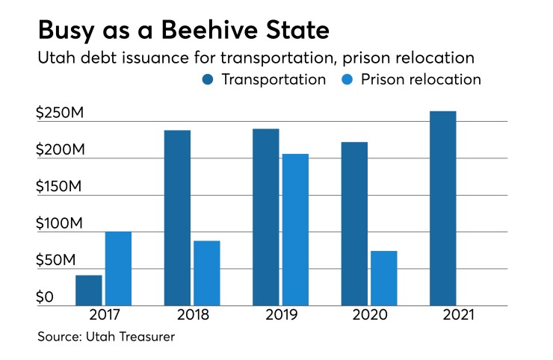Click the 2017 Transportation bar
coord(89,291)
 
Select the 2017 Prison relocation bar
coord(118,268)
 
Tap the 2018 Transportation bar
coord(177,218)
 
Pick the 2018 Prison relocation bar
coord(206,273)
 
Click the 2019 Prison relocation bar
coord(295,229)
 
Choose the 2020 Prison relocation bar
coord(383,278)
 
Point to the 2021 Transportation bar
coord(443,208)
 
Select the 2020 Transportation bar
coord(354,223)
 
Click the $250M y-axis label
coord(59,114)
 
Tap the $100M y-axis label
coord(59,224)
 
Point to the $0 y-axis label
coord(46,297)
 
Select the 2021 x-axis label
coord(457,315)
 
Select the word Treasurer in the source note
coord(144,337)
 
